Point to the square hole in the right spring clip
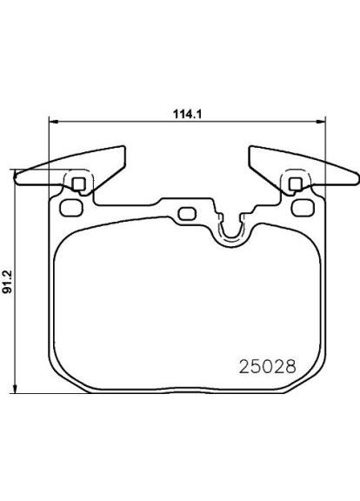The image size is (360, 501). click(x=295, y=183)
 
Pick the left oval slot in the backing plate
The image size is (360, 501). click(x=70, y=209)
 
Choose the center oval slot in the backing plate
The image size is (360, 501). click(x=186, y=214)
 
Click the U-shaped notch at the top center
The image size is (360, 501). click(x=230, y=230)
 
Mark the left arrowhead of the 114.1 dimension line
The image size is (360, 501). click(x=51, y=122)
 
